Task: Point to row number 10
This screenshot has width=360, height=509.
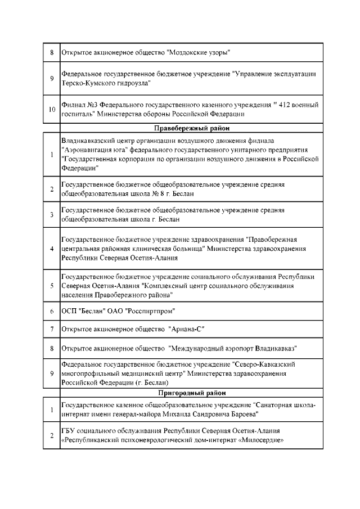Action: pyautogui.click(x=51, y=109)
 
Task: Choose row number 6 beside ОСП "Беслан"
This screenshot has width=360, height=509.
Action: pyautogui.click(x=51, y=311)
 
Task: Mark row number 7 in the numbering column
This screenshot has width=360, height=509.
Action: pyautogui.click(x=51, y=328)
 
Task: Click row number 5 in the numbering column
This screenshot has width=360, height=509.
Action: pyautogui.click(x=51, y=286)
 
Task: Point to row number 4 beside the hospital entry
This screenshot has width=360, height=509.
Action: pyautogui.click(x=51, y=249)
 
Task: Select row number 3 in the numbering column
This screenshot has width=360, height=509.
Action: pyautogui.click(x=51, y=214)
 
